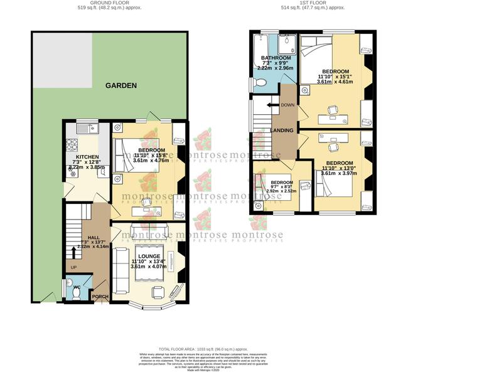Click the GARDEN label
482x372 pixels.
[120, 85]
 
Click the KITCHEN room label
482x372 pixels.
[87, 156]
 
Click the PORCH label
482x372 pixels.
[100, 297]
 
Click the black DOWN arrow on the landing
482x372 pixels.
[273, 105]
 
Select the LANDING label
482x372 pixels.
[281, 130]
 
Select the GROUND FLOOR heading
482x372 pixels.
[109, 3]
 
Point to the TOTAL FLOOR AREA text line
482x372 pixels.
[203, 348]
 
